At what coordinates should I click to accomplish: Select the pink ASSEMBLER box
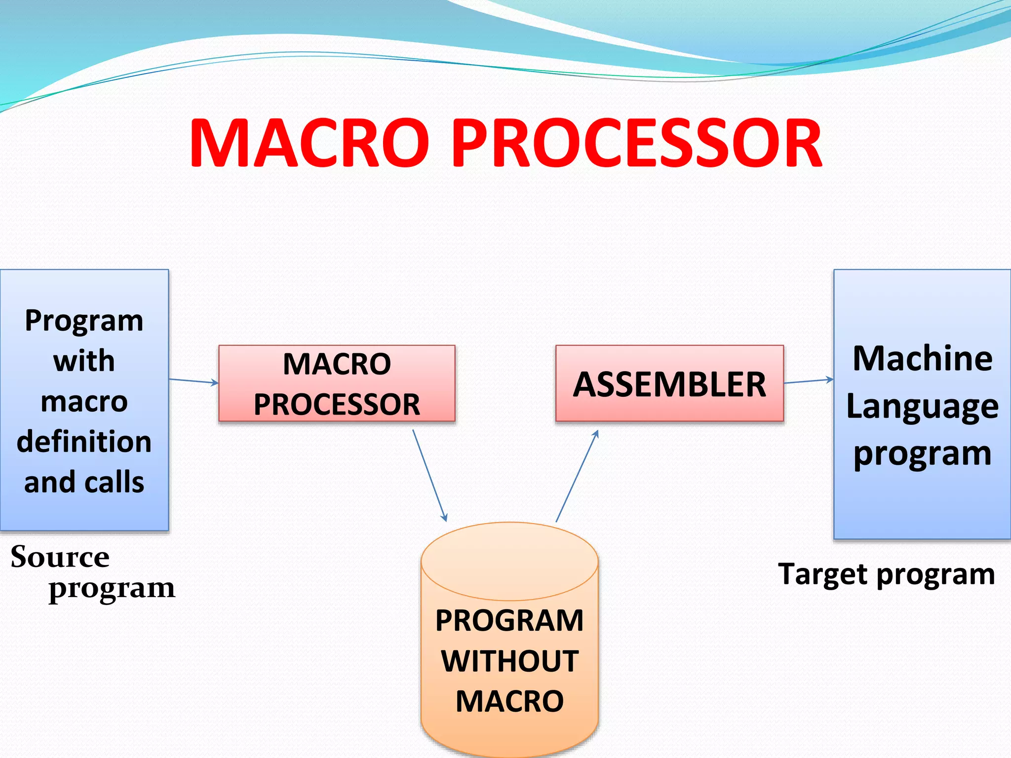pyautogui.click(x=669, y=383)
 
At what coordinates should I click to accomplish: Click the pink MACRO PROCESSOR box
pyautogui.click(x=337, y=383)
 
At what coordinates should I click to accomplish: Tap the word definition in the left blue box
pyautogui.click(x=84, y=441)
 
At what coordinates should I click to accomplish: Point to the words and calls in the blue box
pyautogui.click(x=84, y=482)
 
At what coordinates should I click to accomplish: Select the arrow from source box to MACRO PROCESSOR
pyautogui.click(x=194, y=381)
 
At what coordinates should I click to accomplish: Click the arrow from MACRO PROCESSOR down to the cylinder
pyautogui.click(x=429, y=475)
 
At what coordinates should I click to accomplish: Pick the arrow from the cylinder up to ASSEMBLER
pyautogui.click(x=577, y=476)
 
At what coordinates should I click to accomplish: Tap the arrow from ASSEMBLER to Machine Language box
pyautogui.click(x=809, y=381)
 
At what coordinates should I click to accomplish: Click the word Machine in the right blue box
pyautogui.click(x=922, y=358)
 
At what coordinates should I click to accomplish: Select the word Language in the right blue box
pyautogui.click(x=922, y=407)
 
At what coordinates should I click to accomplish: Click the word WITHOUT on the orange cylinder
pyautogui.click(x=509, y=661)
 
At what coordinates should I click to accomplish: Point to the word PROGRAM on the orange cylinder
pyautogui.click(x=509, y=620)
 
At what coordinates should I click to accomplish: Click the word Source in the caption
pyautogui.click(x=60, y=558)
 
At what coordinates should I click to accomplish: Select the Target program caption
pyautogui.click(x=886, y=575)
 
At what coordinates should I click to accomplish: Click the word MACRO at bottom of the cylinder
pyautogui.click(x=509, y=701)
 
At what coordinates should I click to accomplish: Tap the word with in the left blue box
pyautogui.click(x=84, y=361)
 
